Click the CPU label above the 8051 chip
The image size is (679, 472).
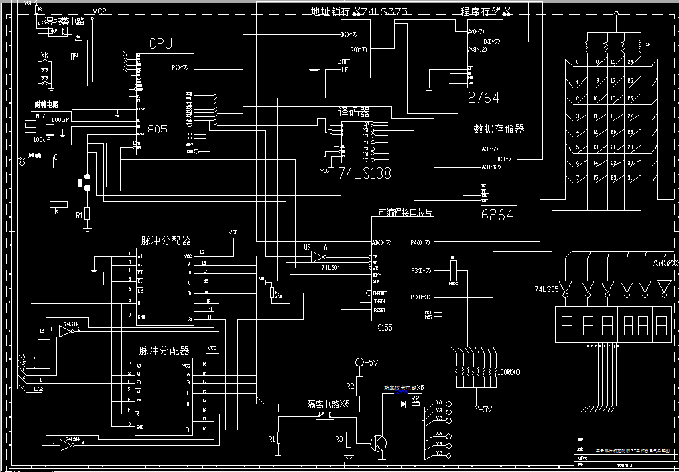tap(160, 44)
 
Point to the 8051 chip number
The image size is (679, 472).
tap(160, 129)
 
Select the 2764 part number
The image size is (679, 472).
tap(483, 98)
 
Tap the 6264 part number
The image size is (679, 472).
tap(497, 215)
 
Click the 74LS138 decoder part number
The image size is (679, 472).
tap(365, 173)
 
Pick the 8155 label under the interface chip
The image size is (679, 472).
tap(385, 327)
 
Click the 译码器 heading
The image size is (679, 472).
tap(355, 112)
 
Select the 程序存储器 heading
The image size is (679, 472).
tap(486, 11)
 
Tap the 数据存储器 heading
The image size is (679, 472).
tap(499, 129)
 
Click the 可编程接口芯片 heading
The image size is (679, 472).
tap(406, 212)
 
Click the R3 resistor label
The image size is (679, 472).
tap(339, 439)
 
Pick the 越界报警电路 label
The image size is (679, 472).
tap(61, 21)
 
